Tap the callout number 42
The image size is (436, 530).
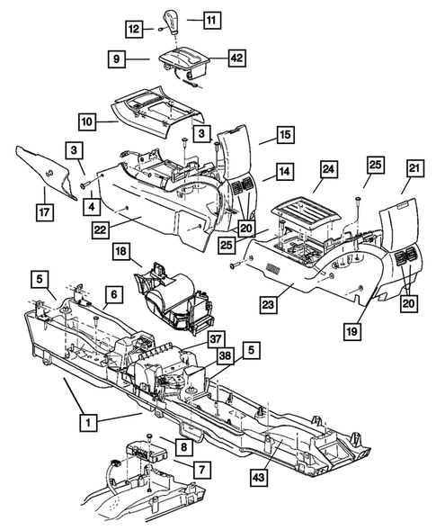212,58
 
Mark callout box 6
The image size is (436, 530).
113,294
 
